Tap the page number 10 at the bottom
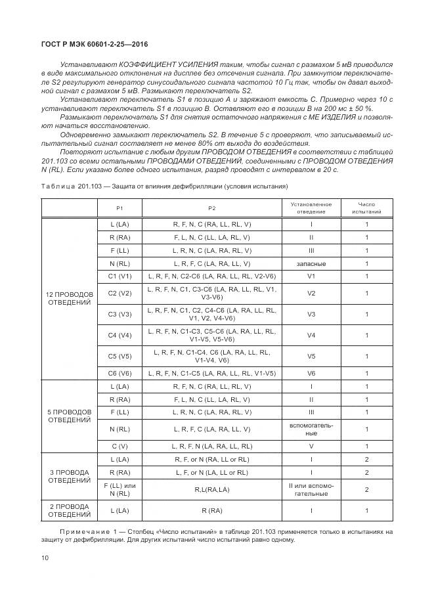[45, 558]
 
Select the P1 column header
[119, 208]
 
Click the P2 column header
[211, 208]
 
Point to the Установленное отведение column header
[311, 208]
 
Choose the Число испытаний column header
[366, 208]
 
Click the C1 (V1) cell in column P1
[119, 276]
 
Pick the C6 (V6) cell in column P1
[119, 373]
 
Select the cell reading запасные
[311, 263]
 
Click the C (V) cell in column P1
[119, 447]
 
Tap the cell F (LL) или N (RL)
[119, 489]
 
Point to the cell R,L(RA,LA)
[211, 489]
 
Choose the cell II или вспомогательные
[311, 489]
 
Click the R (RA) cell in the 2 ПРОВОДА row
[211, 510]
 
